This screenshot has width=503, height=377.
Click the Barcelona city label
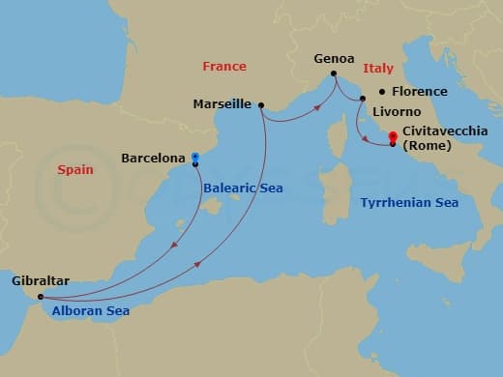click(153, 157)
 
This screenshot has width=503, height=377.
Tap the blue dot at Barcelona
click(195, 156)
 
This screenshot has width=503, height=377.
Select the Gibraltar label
click(40, 281)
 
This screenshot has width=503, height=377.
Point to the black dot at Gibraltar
click(40, 297)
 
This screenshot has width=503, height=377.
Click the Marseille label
click(222, 103)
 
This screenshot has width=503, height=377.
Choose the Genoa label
click(334, 59)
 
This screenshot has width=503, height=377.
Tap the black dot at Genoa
click(334, 73)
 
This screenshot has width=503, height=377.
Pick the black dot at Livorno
click(363, 99)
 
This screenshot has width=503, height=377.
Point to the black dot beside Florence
click(383, 91)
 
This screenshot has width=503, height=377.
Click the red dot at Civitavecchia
click(392, 136)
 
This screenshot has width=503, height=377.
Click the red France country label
click(224, 67)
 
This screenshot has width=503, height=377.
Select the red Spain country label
click(75, 169)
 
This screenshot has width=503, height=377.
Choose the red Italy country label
click(378, 69)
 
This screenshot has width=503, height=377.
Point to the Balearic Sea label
click(244, 188)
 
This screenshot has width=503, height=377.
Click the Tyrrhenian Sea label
click(409, 203)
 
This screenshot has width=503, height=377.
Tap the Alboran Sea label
click(92, 311)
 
